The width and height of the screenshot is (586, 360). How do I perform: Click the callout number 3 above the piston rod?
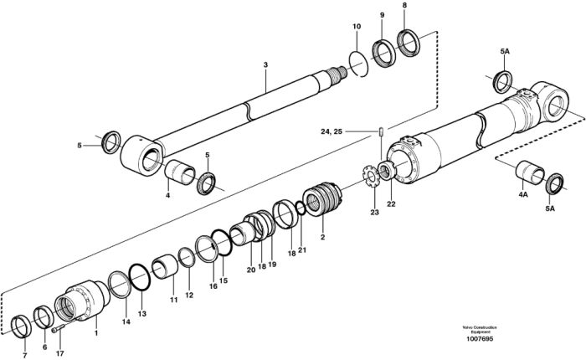pos(265,64)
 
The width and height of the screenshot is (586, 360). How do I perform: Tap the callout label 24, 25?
pos(332,131)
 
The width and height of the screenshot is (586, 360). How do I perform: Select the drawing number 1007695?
pos(480,339)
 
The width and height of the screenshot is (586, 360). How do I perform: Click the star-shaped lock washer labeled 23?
pos(371,176)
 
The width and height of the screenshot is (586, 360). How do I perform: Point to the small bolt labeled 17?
pos(58,328)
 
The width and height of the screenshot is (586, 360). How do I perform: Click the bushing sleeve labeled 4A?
pos(530,172)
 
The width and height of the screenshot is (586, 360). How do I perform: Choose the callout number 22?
pos(391,204)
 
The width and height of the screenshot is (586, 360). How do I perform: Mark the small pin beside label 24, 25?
pos(381,132)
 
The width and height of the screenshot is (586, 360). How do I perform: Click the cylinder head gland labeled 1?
pos(81,301)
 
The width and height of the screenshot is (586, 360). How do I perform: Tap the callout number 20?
pos(251,270)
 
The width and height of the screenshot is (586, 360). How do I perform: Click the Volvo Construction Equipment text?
pos(480,329)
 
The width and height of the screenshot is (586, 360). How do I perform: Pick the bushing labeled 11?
pos(165,266)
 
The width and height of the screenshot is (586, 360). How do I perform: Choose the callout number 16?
pos(213,286)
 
